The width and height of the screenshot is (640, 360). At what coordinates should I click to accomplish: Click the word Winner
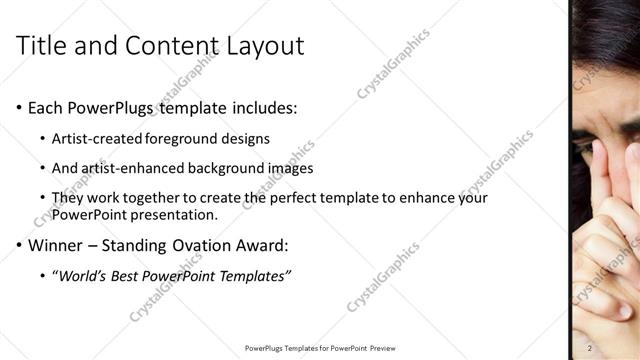[55, 245]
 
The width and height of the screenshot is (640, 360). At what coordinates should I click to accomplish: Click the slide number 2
[590, 348]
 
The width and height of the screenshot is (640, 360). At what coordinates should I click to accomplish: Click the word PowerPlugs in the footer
[265, 348]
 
